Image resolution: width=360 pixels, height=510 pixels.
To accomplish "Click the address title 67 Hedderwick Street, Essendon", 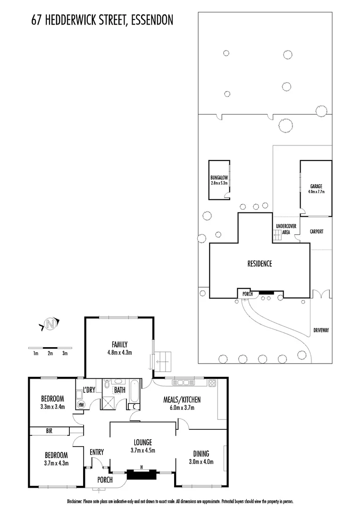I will pyautogui.click(x=102, y=19).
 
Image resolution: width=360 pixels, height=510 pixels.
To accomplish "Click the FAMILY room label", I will pyautogui.click(x=119, y=344).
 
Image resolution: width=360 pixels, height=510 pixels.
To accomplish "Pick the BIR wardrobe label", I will pyautogui.click(x=49, y=431).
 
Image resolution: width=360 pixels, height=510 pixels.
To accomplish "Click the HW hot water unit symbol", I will pyautogui.click(x=81, y=405).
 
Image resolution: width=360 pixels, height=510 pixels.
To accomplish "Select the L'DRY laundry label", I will pyautogui.click(x=89, y=390).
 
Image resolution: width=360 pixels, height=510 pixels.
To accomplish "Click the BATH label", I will pyautogui.click(x=119, y=390).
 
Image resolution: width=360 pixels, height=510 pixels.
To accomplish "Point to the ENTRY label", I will pyautogui.click(x=97, y=452).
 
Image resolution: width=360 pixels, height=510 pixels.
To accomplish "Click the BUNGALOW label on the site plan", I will pyautogui.click(x=219, y=178).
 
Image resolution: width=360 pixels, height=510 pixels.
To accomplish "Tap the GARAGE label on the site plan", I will pyautogui.click(x=316, y=186).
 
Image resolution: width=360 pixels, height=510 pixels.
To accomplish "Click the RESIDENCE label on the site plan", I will pyautogui.click(x=260, y=264).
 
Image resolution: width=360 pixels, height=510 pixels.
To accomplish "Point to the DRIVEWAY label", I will pyautogui.click(x=321, y=331).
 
